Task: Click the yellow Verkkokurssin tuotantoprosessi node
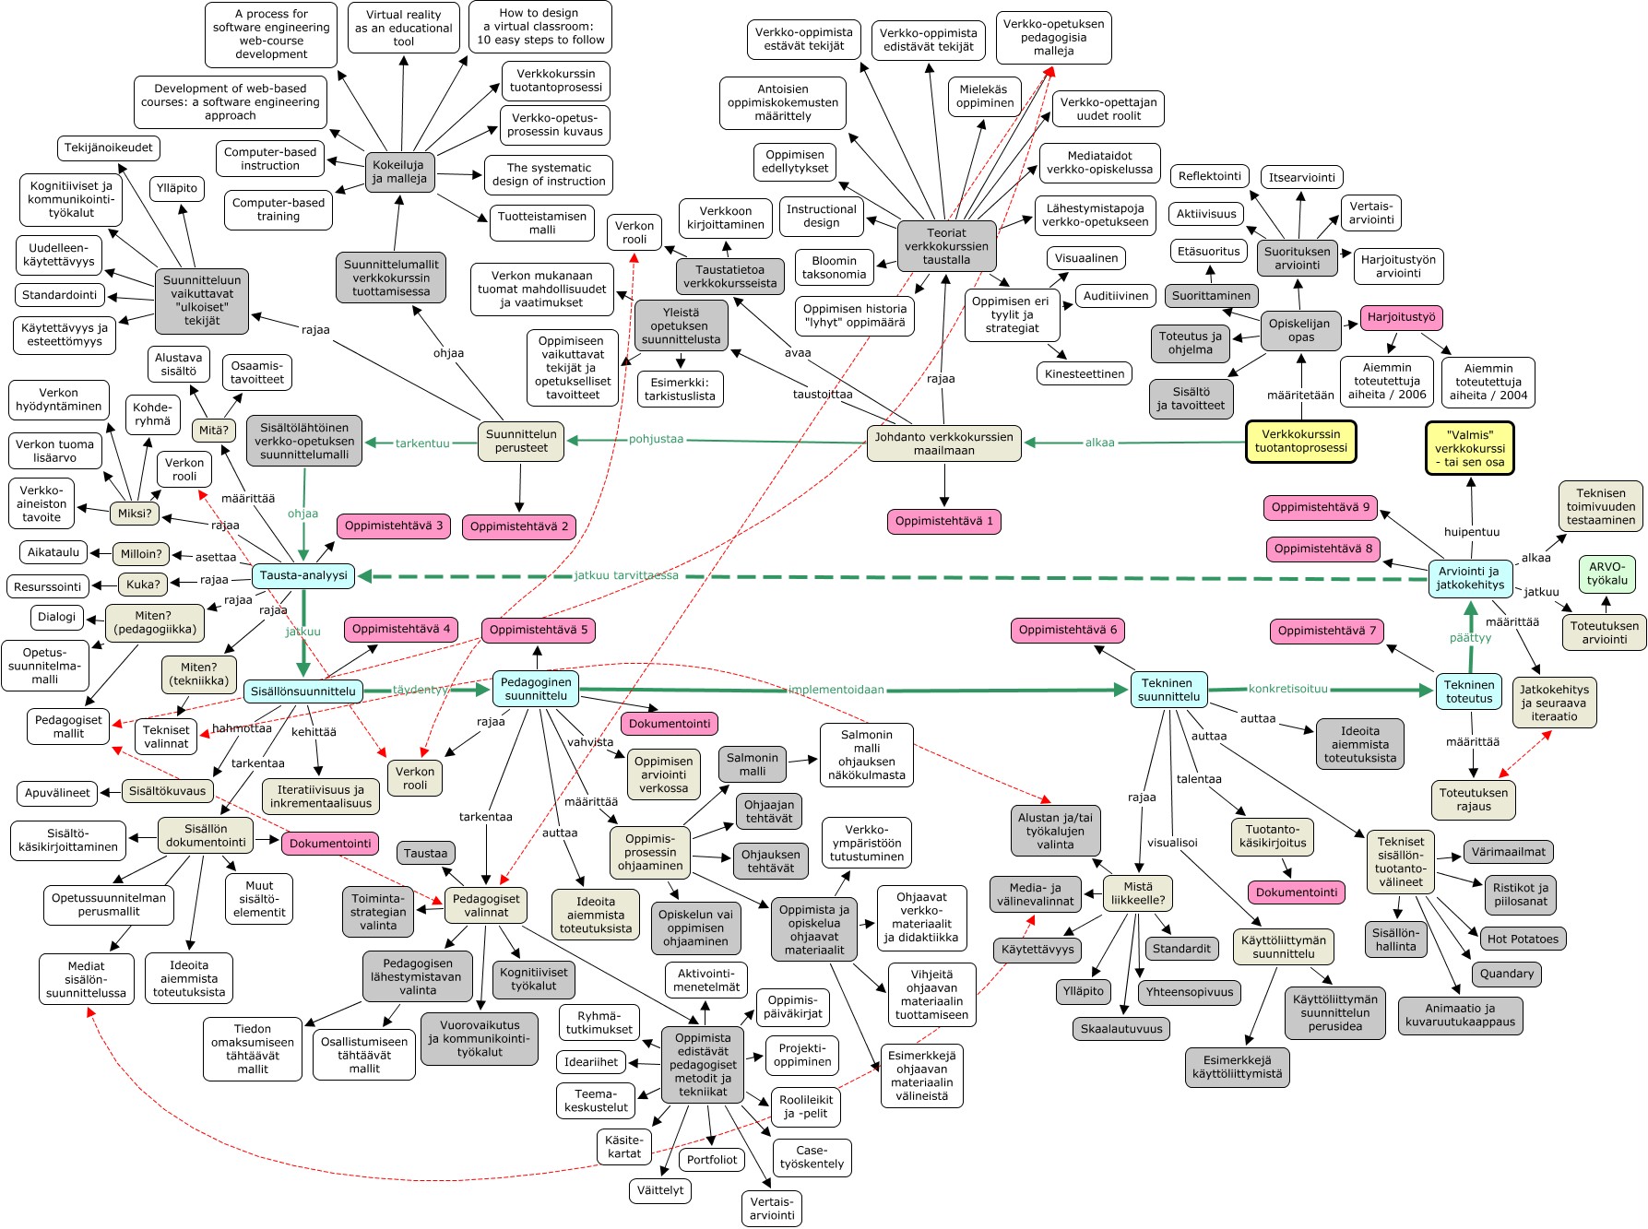[x=1300, y=441]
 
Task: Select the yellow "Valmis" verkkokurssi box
[x=1470, y=448]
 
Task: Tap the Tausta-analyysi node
[x=303, y=575]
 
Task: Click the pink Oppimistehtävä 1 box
[x=944, y=521]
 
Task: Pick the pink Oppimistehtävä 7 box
[x=1327, y=631]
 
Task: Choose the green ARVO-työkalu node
[x=1607, y=573]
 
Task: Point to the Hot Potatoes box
[x=1523, y=939]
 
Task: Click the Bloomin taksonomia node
[x=835, y=267]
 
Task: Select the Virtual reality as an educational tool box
[x=404, y=28]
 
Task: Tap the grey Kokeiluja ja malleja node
[x=399, y=171]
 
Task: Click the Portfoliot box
[x=712, y=1159]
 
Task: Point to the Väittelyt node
[x=660, y=1189]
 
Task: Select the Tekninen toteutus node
[x=1469, y=691]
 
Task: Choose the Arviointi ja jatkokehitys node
[x=1470, y=578]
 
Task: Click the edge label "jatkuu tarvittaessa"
[x=626, y=575]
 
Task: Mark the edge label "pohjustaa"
[x=657, y=439]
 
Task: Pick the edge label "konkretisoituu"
[x=1288, y=689]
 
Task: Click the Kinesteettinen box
[x=1085, y=373]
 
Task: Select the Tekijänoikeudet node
[x=109, y=148]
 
